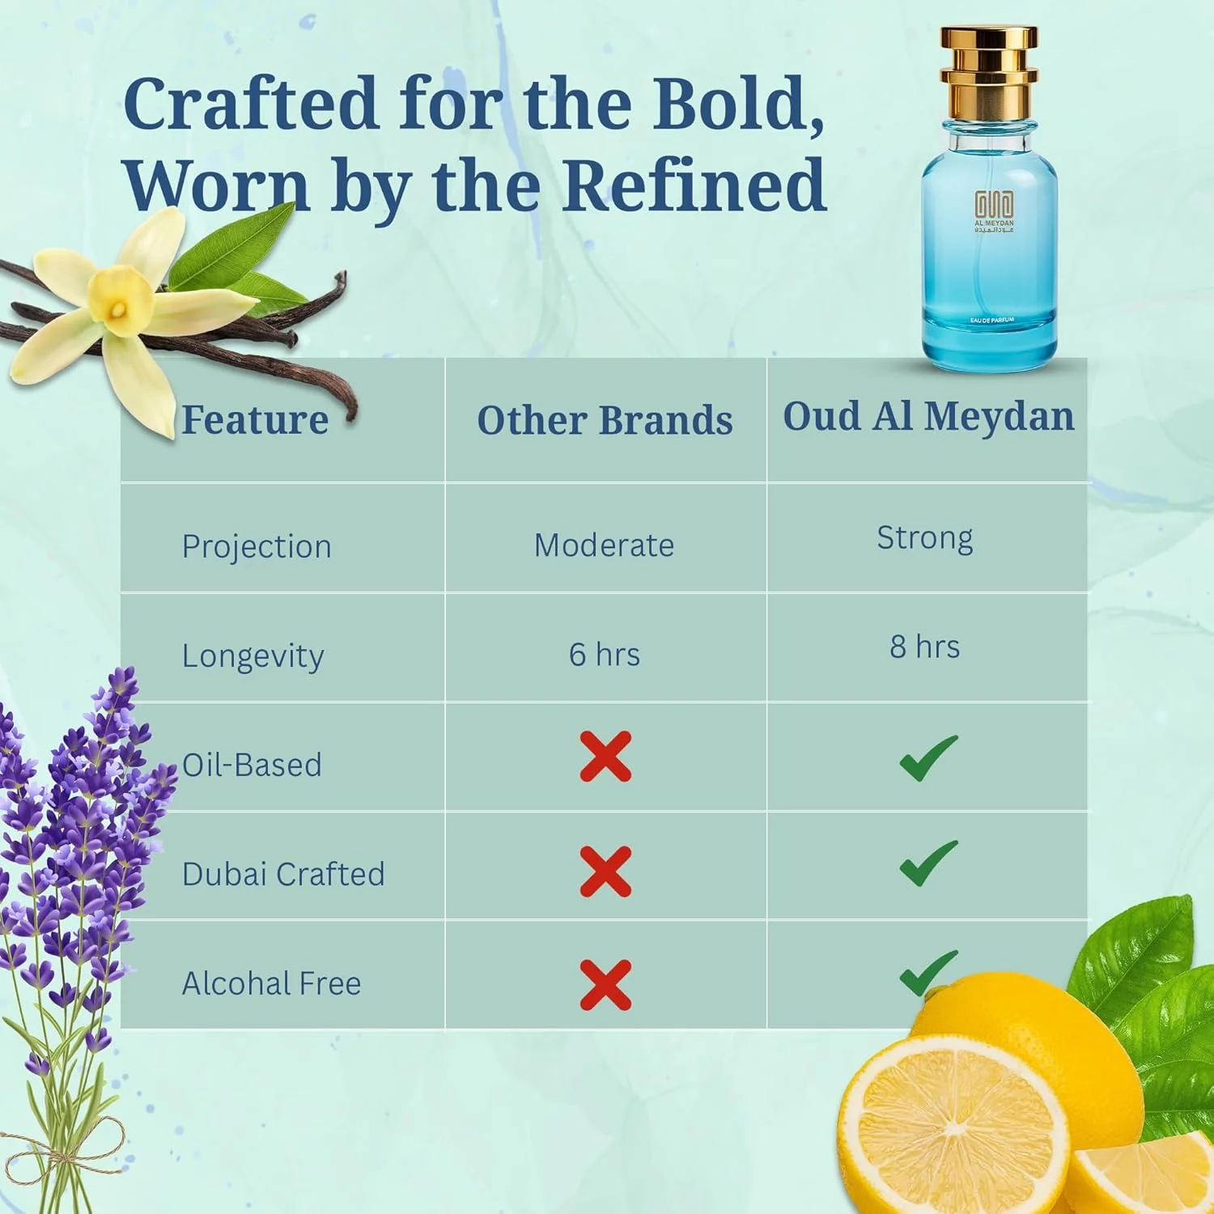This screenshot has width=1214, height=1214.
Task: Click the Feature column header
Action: coord(255,419)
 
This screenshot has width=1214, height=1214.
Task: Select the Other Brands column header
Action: coord(605,420)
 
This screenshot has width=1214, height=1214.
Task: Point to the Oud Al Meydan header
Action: coord(928,416)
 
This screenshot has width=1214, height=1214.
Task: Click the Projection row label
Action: coord(257,547)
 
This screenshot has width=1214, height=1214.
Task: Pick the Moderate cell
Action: coord(604,545)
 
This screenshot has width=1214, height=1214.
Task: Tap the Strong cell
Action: coord(925,538)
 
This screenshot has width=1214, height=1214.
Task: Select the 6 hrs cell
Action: coord(604,655)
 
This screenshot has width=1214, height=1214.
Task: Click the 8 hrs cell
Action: coord(925,647)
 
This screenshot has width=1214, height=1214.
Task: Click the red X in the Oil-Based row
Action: coord(605,758)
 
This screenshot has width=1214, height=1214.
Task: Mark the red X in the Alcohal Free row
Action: coord(605,985)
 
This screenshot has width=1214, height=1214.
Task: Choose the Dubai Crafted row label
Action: coord(283,874)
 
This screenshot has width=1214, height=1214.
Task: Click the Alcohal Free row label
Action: coord(271,983)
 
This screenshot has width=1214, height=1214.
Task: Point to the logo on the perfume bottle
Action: coord(993,210)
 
